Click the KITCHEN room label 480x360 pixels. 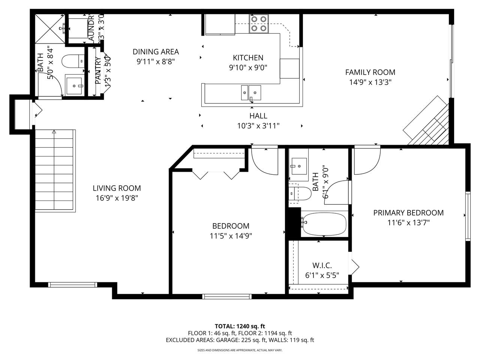click(x=248, y=58)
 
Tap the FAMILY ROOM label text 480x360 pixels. click(x=370, y=72)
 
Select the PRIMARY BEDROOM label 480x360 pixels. click(x=408, y=213)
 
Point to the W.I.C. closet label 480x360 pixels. click(x=322, y=265)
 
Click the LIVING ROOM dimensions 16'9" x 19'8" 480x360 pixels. click(x=117, y=198)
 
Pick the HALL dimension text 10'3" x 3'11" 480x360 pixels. click(x=258, y=126)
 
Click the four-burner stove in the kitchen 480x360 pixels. click(x=259, y=23)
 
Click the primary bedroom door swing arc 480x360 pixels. click(x=367, y=161)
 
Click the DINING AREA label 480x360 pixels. click(x=156, y=52)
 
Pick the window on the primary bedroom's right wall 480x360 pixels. click(x=468, y=216)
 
